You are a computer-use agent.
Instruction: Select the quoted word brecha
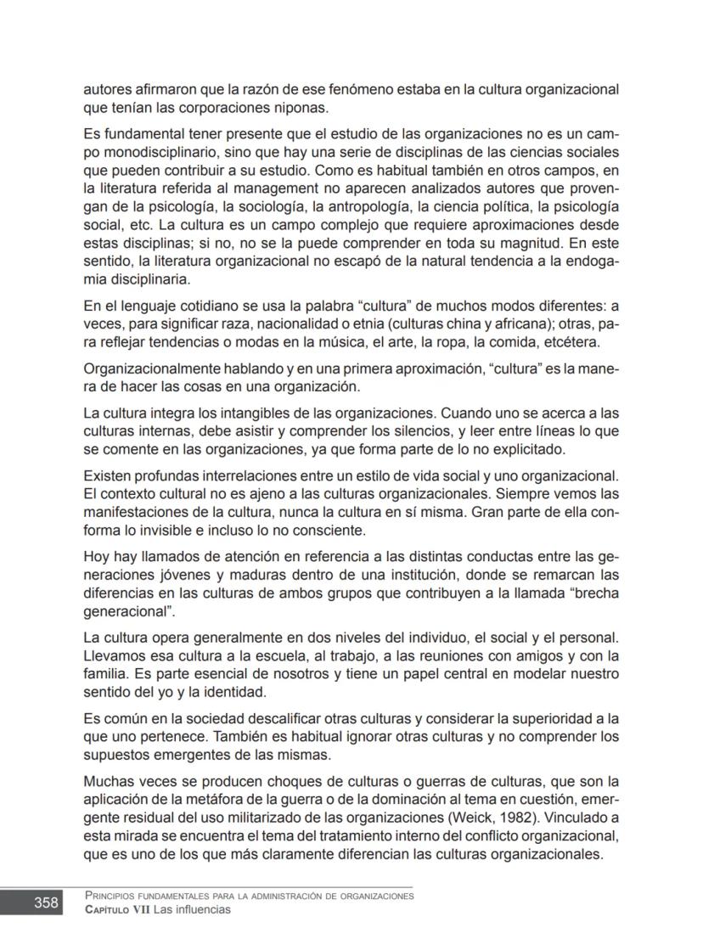coord(593,593)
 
